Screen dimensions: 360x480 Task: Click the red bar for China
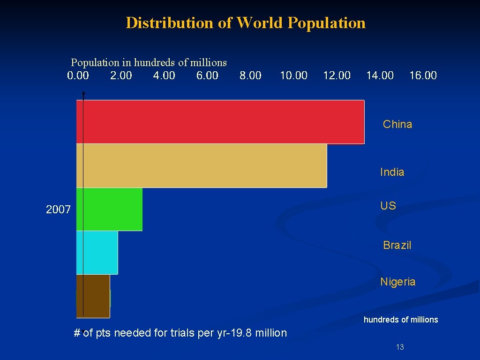[220, 121]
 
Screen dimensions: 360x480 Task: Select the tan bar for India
[202, 165]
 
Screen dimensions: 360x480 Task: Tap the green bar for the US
[110, 209]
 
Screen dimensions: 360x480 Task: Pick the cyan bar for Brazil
[97, 252]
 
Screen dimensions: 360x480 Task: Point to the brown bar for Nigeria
[93, 296]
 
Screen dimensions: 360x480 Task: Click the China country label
[397, 124]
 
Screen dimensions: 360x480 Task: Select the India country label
[392, 172]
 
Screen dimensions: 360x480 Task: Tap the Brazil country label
[397, 245]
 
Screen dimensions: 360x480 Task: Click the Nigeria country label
[398, 282]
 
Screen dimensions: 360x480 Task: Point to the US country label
[388, 206]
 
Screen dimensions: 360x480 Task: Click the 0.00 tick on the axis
[78, 75]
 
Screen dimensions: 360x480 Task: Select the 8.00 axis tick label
[250, 75]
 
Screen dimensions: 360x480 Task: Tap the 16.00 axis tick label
[423, 75]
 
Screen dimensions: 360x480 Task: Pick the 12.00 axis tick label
[337, 75]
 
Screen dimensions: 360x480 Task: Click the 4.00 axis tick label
[164, 75]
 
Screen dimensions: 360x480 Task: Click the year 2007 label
[58, 210]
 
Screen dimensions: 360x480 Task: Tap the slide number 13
[400, 347]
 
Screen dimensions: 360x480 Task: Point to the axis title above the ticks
[149, 62]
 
